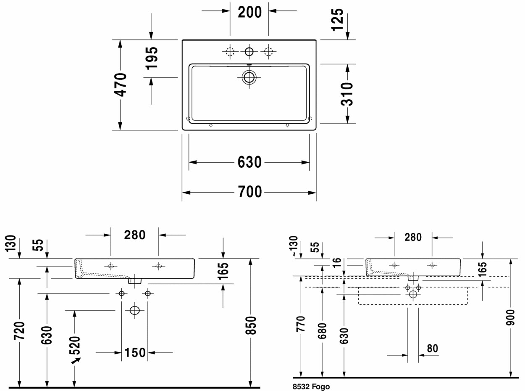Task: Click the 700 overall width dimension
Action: [250, 192]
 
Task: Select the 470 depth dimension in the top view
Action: [121, 85]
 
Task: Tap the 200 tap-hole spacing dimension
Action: [250, 12]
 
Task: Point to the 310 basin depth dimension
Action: [347, 94]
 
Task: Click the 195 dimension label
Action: [152, 58]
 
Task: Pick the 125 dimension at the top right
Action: [337, 20]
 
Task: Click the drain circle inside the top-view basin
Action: [249, 77]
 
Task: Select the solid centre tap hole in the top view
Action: [249, 51]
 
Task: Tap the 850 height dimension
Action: [251, 325]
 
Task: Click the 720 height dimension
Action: [19, 331]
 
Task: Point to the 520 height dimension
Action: [75, 345]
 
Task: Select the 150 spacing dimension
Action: [135, 353]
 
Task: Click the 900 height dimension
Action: [511, 317]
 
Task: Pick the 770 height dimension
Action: [301, 324]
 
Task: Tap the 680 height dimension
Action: [323, 331]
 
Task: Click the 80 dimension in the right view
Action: [433, 349]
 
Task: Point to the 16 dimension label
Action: [337, 262]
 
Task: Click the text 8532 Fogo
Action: [311, 387]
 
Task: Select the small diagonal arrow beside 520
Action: [76, 361]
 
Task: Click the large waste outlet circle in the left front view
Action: [135, 310]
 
